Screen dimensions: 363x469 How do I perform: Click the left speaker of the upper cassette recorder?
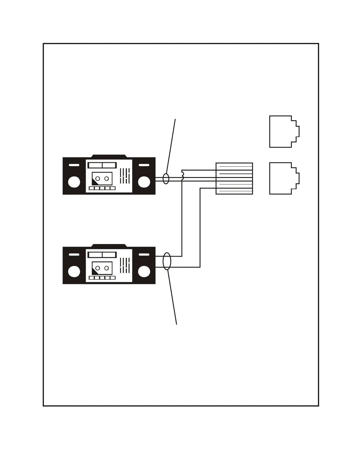74,182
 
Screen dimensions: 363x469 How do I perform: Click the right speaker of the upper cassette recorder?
144,182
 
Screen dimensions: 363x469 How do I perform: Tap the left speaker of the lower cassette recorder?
74,271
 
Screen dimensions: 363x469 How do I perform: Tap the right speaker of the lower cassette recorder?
144,271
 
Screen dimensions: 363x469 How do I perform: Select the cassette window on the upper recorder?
102,179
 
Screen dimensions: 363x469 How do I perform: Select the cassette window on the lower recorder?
102,268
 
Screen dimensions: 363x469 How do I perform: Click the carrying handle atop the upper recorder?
109,156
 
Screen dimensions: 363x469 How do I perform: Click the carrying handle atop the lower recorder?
109,245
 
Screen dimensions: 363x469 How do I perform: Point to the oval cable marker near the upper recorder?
166,179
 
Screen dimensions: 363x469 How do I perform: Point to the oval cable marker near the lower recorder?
167,261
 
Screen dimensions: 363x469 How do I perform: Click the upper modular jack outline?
284,131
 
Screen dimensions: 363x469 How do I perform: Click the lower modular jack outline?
284,178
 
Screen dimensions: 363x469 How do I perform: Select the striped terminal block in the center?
234,179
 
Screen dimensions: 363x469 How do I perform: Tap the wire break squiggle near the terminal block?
183,175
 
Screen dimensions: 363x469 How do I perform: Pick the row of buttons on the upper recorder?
102,188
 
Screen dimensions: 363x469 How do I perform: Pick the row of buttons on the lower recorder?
102,278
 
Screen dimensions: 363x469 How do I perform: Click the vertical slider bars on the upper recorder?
125,176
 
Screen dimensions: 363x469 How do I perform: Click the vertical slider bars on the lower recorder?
125,265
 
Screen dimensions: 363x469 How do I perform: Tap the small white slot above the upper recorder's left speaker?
74,165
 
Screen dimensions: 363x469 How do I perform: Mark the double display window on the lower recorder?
102,255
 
